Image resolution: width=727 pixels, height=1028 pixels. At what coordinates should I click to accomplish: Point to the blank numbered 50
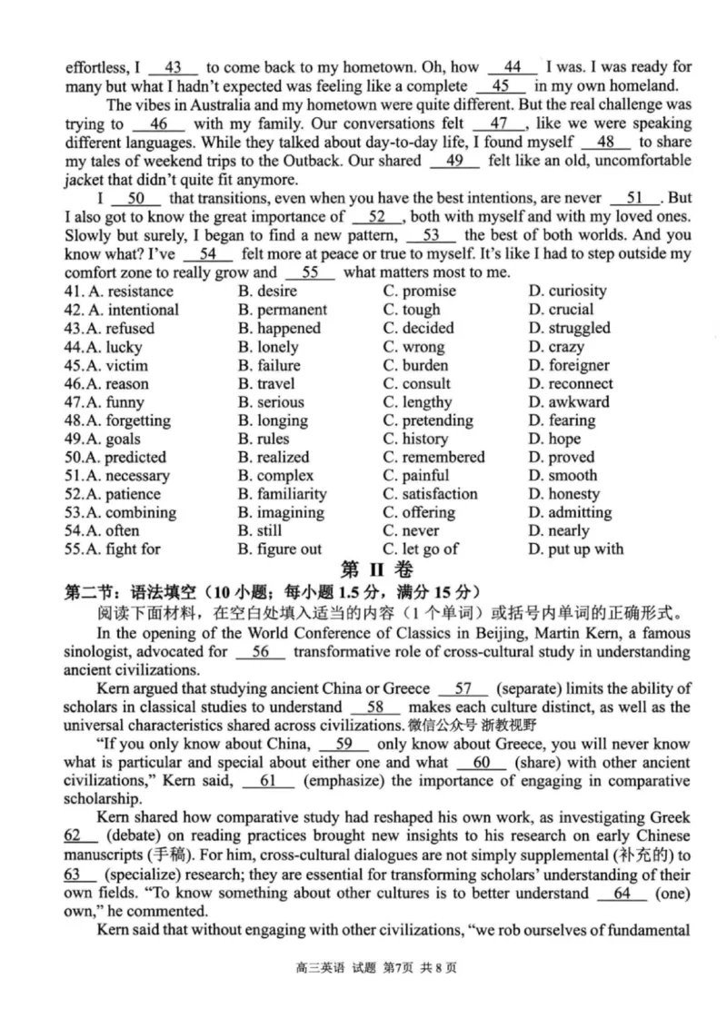pos(136,198)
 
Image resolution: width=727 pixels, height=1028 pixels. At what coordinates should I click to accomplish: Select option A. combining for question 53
pos(118,512)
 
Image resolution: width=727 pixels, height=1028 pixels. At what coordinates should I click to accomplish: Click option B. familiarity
pos(282,494)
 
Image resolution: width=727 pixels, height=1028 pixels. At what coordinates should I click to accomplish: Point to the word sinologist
pos(103,652)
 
